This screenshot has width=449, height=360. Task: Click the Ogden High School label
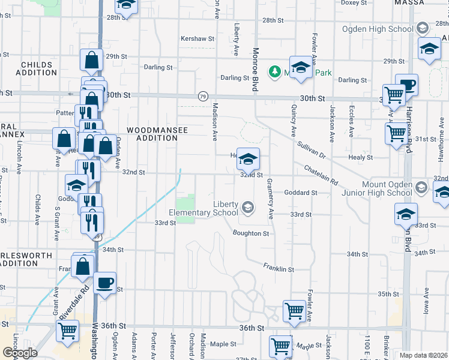coord(376,28)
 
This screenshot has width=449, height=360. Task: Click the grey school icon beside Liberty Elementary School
coord(247,208)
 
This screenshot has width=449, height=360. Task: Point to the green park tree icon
coord(275,71)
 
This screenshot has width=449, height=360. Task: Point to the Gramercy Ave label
coord(270,199)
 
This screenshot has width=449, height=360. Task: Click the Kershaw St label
coord(197,38)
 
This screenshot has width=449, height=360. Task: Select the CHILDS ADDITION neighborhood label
coord(38,68)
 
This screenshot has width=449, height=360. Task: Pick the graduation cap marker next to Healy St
coord(248,160)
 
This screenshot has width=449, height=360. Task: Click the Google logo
coord(19,353)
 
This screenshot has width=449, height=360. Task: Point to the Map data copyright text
coord(423,355)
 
